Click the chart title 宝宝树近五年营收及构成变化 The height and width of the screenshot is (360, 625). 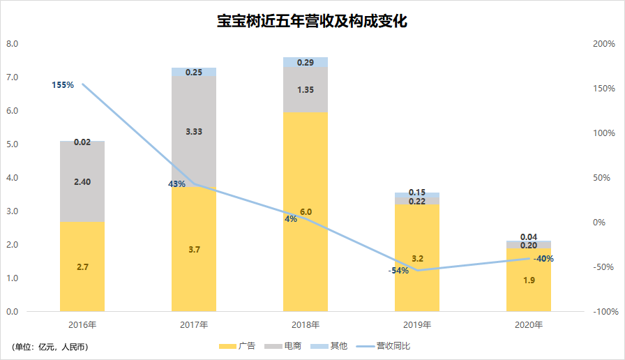312,21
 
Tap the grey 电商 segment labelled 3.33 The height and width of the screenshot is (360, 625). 194,131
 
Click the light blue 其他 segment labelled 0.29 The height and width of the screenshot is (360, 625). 306,62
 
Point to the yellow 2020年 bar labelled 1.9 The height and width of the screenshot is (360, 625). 528,280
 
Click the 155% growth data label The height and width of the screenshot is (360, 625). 62,85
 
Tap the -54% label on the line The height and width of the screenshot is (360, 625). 398,270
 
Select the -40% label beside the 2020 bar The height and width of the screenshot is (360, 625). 543,259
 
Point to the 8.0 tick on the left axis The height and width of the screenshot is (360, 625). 12,44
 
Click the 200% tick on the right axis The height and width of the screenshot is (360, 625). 603,44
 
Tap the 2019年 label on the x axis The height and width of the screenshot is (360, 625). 417,325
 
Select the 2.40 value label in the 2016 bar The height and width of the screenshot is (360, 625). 82,181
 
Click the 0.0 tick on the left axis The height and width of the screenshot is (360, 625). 12,311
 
